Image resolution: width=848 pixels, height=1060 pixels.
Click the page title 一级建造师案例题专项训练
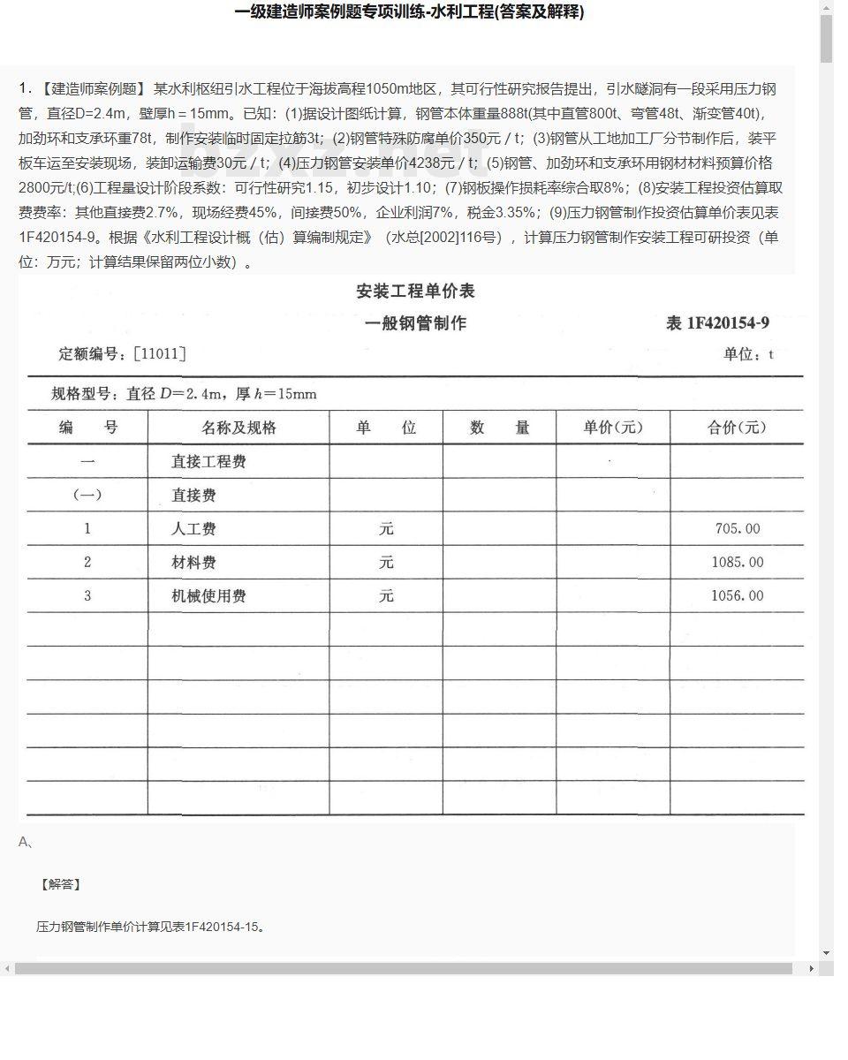(409, 12)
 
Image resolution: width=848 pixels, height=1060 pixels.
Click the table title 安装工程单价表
(415, 291)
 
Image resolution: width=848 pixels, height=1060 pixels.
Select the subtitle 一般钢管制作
(415, 323)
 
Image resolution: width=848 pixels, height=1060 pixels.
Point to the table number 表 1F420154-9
(717, 323)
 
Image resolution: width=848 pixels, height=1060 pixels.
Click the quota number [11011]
(159, 354)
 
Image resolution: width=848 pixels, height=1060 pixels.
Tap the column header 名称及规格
(238, 428)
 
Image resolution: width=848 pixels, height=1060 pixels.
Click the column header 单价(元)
(613, 428)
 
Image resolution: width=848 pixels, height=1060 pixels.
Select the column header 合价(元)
(737, 428)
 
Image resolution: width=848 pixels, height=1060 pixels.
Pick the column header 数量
(499, 428)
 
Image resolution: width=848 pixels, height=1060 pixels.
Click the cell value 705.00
(737, 529)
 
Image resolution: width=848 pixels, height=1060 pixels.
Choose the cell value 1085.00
(737, 563)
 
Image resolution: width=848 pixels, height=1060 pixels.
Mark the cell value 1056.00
(737, 596)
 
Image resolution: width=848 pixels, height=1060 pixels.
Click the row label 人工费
(193, 529)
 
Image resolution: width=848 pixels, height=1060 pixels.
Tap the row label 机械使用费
(208, 596)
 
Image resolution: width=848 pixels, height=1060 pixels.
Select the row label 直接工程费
(208, 462)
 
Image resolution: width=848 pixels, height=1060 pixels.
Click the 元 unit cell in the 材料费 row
(386, 563)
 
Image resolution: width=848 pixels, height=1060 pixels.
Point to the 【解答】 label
(60, 884)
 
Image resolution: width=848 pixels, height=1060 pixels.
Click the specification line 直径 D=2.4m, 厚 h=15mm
(184, 394)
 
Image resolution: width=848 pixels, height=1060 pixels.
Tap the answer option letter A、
(26, 842)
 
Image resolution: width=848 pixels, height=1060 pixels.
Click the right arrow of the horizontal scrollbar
(812, 969)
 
